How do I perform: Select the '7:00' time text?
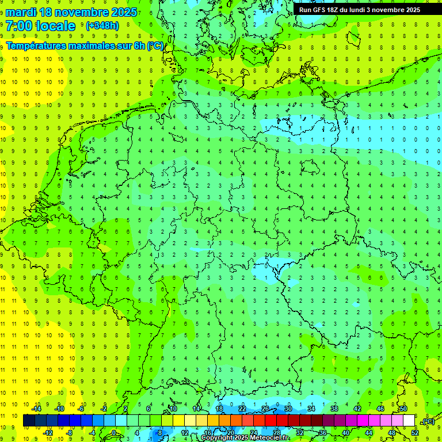point(19,26)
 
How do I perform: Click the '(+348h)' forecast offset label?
point(102,26)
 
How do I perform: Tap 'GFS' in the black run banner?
point(321,9)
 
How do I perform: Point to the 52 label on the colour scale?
point(415,433)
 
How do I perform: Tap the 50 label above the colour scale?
point(403,409)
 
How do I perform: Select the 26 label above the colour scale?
point(265,409)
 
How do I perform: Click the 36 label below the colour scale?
point(323,433)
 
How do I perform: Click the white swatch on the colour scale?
point(409,421)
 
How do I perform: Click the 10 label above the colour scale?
point(173,409)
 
